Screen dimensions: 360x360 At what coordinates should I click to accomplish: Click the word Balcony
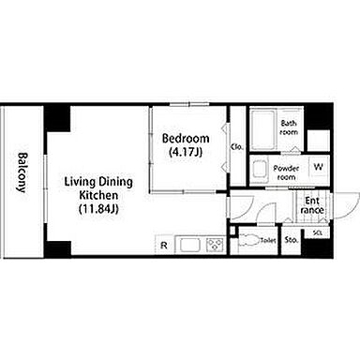[22, 172]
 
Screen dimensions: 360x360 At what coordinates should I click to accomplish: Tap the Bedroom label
[186, 138]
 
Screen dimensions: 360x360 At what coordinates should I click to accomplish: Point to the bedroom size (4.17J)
[186, 152]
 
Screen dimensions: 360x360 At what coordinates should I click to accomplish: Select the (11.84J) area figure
[98, 209]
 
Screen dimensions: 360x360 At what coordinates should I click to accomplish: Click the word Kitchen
[98, 195]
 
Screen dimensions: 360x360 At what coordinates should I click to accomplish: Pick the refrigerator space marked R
[164, 246]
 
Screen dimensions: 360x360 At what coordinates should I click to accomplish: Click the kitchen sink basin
[188, 244]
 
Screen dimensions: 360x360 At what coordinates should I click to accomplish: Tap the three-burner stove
[216, 244]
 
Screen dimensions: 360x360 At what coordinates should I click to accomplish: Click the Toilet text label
[268, 241]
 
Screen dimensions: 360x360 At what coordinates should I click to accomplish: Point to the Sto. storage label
[291, 240]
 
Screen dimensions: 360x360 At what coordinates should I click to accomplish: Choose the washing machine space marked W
[319, 167]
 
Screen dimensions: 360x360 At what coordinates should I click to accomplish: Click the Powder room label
[286, 172]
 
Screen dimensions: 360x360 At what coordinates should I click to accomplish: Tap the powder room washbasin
[260, 171]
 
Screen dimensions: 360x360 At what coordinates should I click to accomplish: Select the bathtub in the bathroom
[263, 129]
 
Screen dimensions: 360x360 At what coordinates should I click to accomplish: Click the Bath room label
[289, 127]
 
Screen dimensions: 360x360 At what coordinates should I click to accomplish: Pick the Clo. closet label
[237, 147]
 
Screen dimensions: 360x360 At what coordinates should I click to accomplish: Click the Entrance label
[312, 205]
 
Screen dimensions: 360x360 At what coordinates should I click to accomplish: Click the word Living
[80, 182]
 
